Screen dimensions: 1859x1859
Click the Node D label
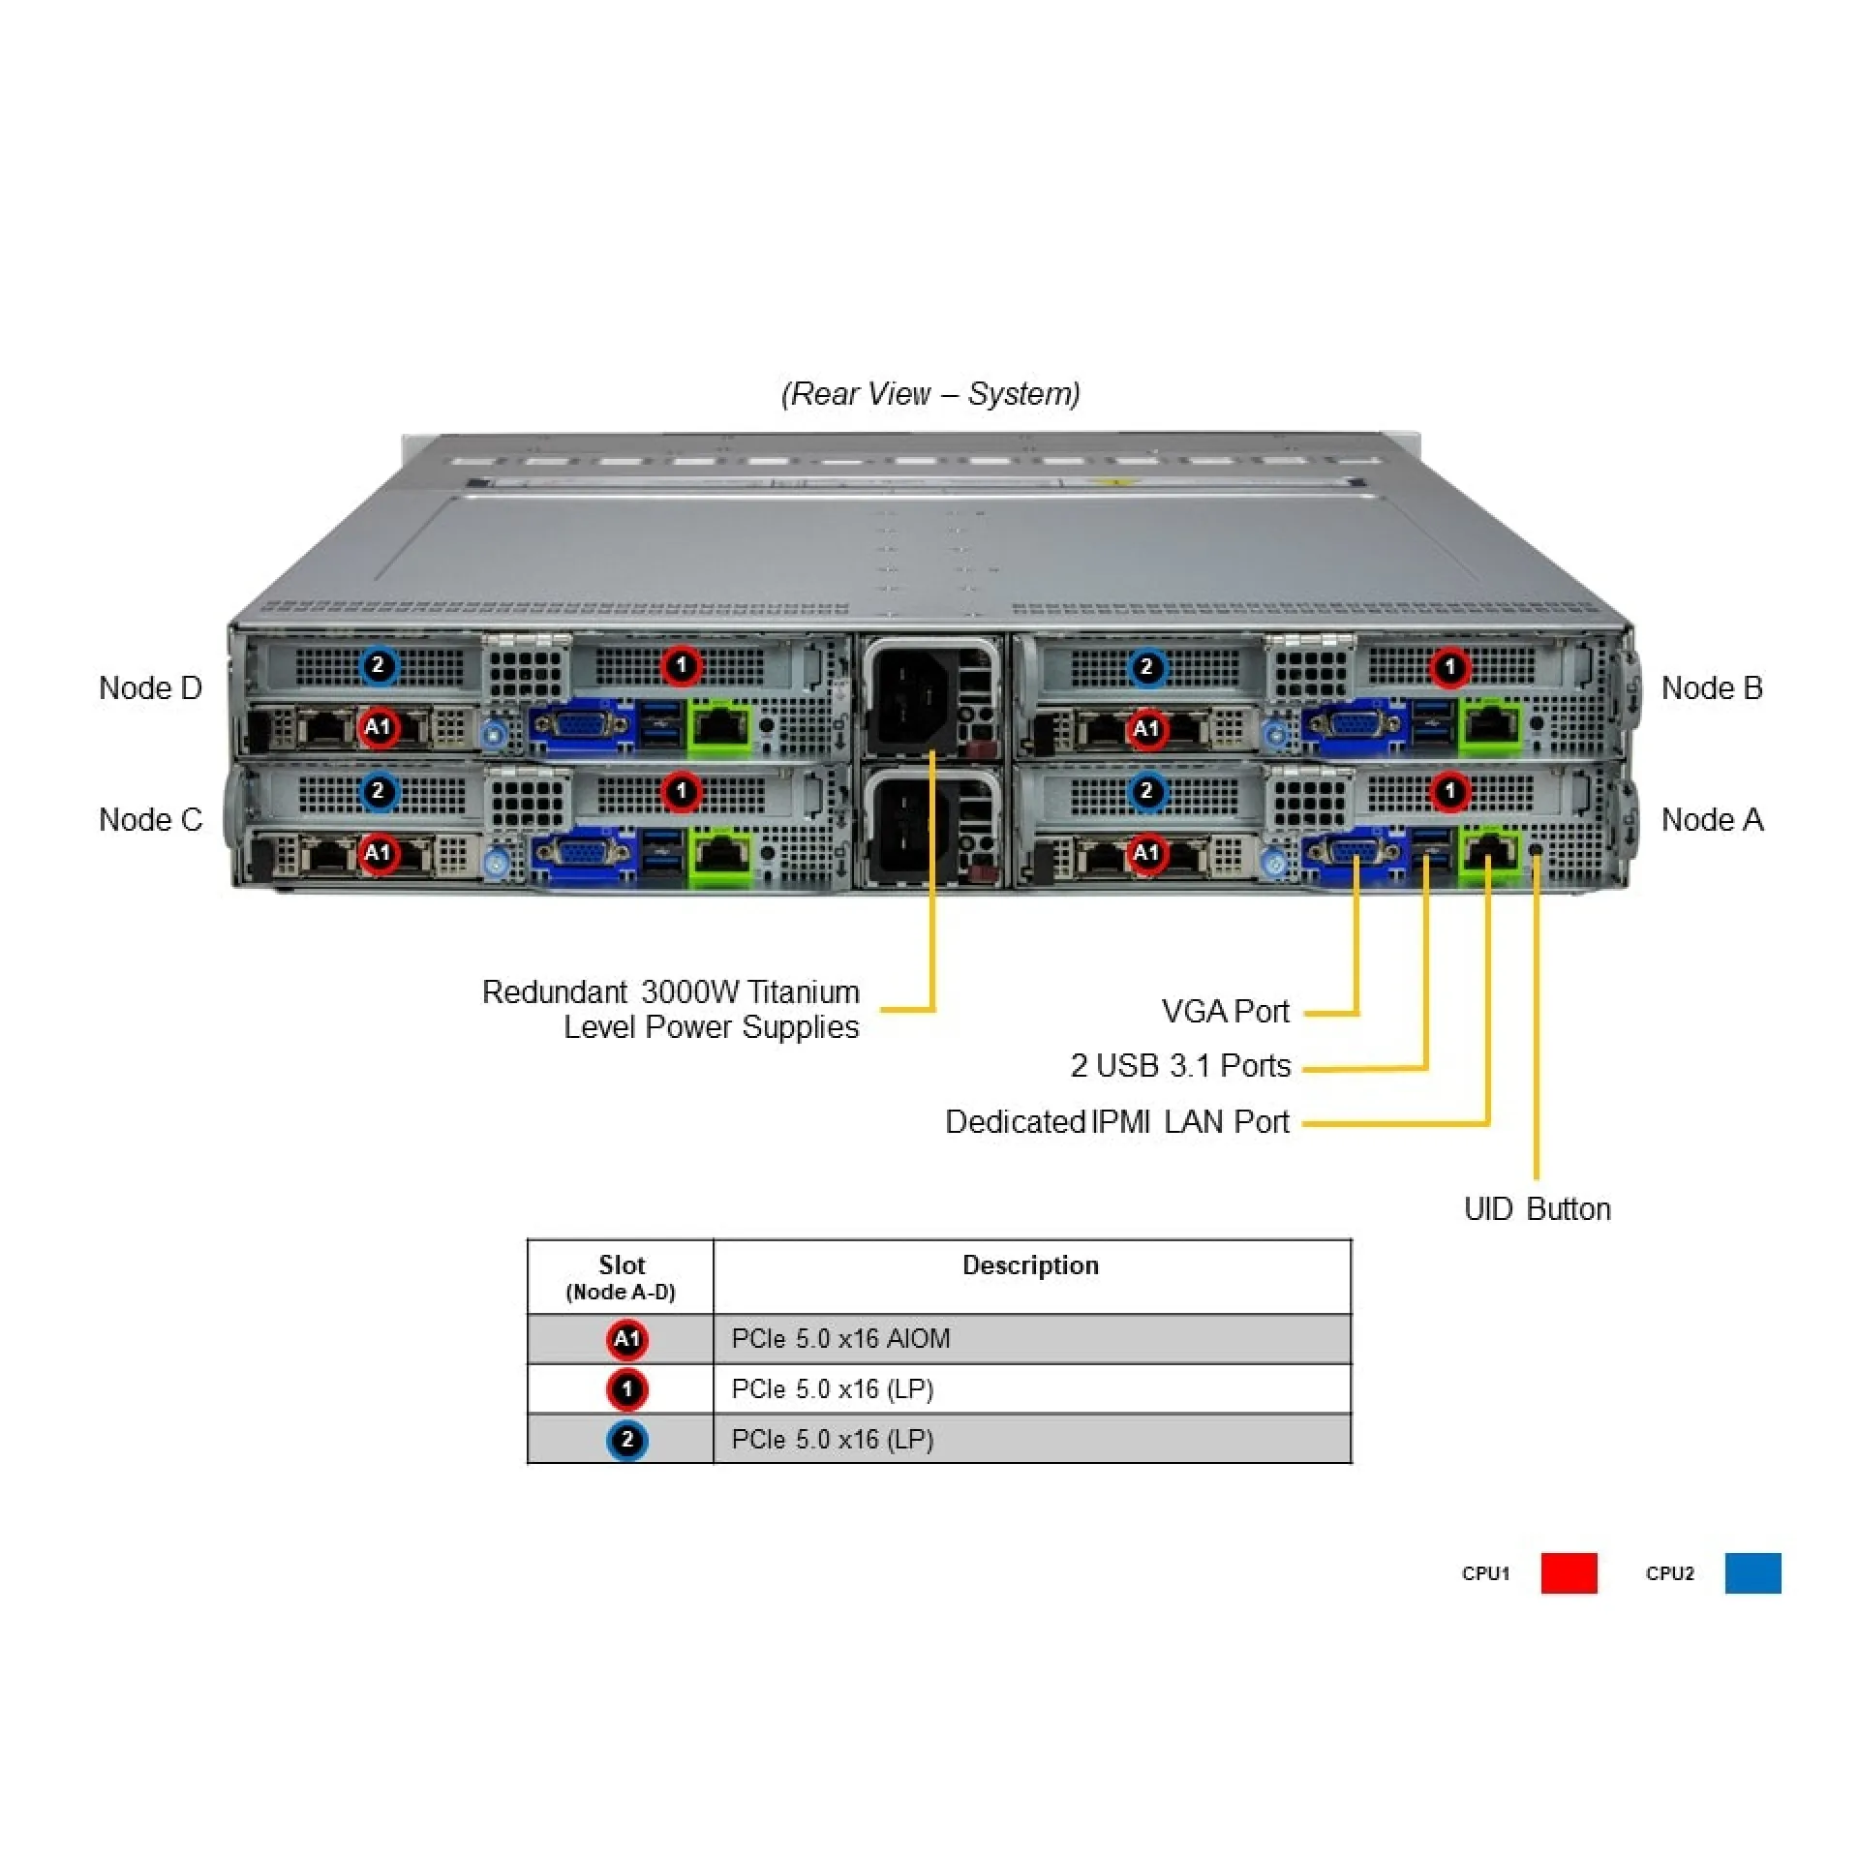click(x=150, y=688)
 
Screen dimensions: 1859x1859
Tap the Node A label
click(x=1711, y=820)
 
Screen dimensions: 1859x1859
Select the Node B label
click(x=1711, y=688)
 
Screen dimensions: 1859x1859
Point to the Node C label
click(x=150, y=820)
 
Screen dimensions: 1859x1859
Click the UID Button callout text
click(x=1537, y=1209)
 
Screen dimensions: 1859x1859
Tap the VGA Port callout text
click(x=1225, y=1012)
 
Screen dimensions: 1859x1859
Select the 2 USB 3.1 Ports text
click(x=1180, y=1066)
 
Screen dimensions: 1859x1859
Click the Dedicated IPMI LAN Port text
click(x=1116, y=1122)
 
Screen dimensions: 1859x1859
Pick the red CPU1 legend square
click(x=1569, y=1573)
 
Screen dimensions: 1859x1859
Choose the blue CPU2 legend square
click(x=1752, y=1573)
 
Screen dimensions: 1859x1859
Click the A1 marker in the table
click(x=626, y=1340)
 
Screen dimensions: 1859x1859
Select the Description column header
click(x=1030, y=1265)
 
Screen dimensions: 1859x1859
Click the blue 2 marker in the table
click(x=626, y=1440)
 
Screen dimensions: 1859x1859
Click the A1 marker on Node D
click(x=378, y=727)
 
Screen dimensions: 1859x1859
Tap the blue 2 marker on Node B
click(x=1146, y=667)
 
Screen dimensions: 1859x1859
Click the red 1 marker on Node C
click(x=681, y=791)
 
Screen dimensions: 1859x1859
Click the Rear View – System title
click(x=930, y=394)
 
